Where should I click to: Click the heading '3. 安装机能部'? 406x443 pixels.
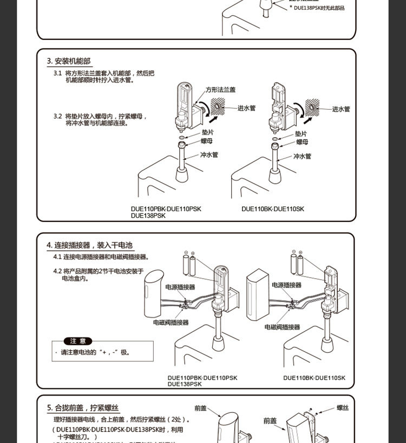(69, 61)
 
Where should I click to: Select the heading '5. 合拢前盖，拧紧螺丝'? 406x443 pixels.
(83, 408)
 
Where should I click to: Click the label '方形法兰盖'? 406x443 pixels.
(220, 90)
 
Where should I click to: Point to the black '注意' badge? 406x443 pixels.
(78, 341)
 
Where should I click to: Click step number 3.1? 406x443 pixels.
(57, 73)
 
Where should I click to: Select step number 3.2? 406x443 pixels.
(57, 116)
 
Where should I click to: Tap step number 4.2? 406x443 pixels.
(57, 271)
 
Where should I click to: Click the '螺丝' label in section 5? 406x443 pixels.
(343, 408)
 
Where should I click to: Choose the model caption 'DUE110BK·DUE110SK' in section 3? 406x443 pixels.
(273, 209)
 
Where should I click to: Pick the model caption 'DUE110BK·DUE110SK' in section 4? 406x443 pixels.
(314, 378)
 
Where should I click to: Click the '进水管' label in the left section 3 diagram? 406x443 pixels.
(246, 108)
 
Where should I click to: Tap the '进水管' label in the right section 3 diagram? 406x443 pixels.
(341, 109)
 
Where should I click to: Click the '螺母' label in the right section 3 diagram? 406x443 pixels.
(302, 142)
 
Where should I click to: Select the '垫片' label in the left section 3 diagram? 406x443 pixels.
(207, 132)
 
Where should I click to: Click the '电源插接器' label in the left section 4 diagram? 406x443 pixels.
(180, 287)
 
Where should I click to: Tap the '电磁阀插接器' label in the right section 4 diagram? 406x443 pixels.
(282, 327)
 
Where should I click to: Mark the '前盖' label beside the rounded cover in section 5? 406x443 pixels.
(200, 408)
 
